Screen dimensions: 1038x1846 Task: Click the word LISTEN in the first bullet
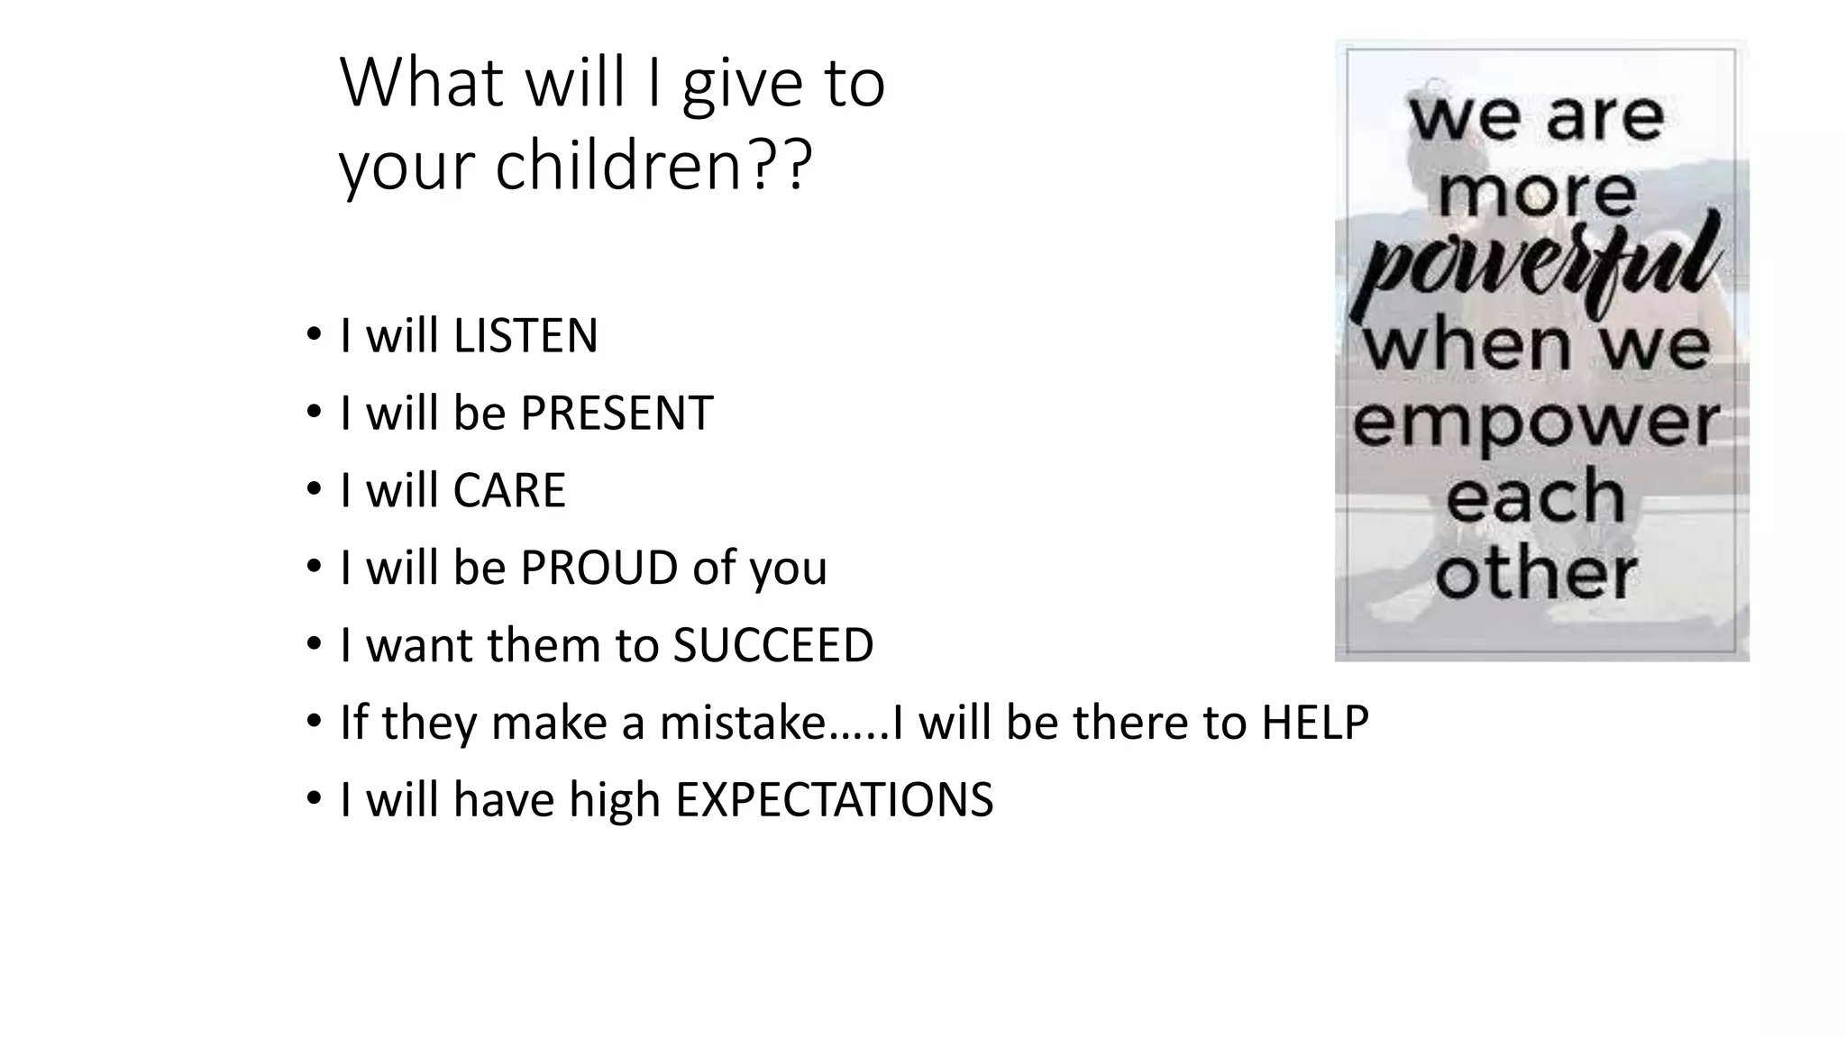[525, 336]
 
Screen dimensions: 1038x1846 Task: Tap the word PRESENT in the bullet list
[617, 414]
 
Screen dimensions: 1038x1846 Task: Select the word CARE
[509, 491]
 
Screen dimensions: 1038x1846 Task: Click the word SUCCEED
[773, 645]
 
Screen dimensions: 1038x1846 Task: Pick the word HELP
[1315, 723]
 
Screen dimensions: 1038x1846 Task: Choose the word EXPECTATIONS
[834, 800]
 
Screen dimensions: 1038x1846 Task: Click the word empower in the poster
[1536, 423]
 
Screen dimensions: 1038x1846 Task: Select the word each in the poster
[1536, 497]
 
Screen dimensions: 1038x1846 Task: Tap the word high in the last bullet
[615, 800]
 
